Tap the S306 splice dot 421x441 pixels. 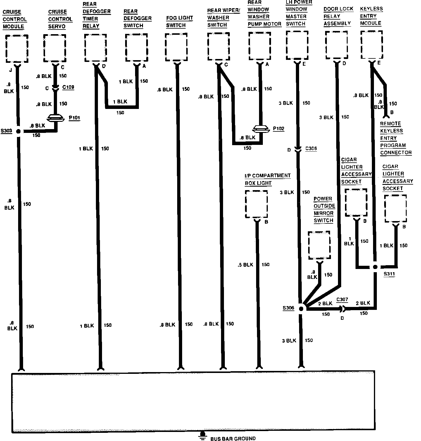301,308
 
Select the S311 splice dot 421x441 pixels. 375,267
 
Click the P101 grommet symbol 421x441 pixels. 55,118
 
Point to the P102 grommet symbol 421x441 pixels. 260,129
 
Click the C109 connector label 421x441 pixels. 68,87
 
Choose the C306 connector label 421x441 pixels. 311,149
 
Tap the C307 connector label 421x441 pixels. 342,299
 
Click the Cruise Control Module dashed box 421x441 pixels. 17,48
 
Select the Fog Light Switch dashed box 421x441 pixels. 176,47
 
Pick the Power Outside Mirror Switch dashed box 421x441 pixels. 319,245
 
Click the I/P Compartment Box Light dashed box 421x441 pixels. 256,204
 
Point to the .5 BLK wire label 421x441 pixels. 246,265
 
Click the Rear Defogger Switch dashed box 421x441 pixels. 136,48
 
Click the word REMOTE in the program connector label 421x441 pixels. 390,124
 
